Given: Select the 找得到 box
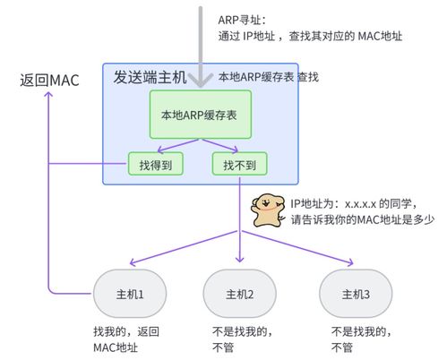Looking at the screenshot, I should coord(155,165).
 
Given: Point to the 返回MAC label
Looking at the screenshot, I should coord(50,80).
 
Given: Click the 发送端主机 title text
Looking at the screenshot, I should coord(150,76).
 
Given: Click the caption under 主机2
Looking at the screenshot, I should coord(239,338).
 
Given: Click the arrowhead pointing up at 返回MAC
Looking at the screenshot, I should coord(51,95).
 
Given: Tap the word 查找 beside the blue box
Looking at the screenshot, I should coord(307,77).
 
